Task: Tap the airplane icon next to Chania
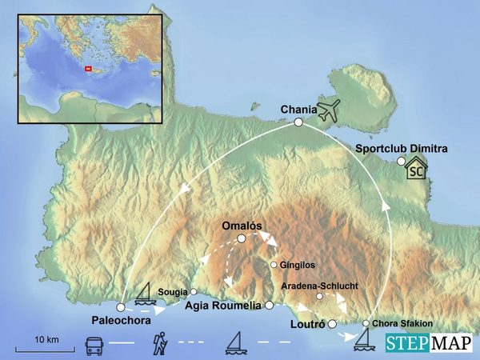pyautogui.click(x=328, y=110)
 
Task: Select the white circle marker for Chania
pyautogui.click(x=298, y=122)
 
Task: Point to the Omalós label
pyautogui.click(x=242, y=226)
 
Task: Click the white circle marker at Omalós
pyautogui.click(x=242, y=238)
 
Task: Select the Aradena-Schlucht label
pyautogui.click(x=319, y=285)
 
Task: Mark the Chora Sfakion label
pyautogui.click(x=402, y=323)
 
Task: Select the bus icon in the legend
pyautogui.click(x=94, y=346)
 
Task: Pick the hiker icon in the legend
pyautogui.click(x=158, y=345)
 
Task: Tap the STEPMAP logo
pyautogui.click(x=428, y=343)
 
